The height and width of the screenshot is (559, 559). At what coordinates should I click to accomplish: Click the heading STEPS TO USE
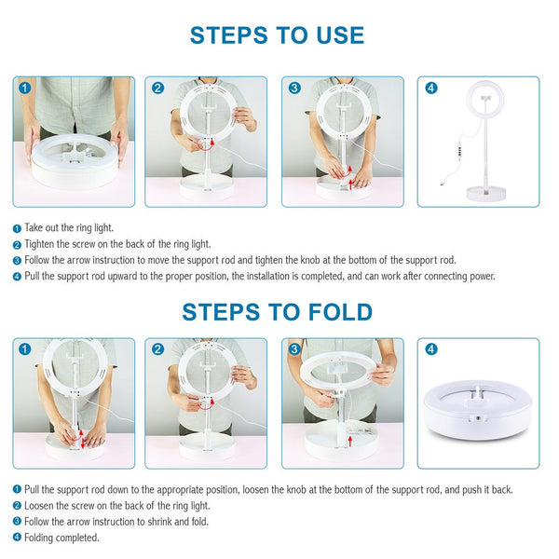278,36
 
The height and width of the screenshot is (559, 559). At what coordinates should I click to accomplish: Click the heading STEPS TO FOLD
278,311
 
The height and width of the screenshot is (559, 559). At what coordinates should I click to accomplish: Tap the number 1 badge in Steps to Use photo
25,89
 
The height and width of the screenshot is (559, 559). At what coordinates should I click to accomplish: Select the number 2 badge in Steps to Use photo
158,89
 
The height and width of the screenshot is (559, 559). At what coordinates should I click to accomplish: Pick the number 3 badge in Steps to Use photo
294,89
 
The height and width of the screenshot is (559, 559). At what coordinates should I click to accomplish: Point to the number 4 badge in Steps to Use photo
430,89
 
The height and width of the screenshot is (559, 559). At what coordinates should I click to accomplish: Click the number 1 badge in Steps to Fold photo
25,349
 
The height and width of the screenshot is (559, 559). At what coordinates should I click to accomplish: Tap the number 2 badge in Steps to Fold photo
158,349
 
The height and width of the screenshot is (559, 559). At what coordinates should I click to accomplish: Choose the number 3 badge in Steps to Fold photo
294,349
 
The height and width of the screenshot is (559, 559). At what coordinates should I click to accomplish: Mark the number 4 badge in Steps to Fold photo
430,349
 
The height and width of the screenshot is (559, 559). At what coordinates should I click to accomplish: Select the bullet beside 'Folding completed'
17,538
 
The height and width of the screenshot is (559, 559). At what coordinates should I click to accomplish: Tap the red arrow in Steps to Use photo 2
210,143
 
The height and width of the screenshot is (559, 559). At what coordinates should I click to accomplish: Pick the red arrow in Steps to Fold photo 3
350,435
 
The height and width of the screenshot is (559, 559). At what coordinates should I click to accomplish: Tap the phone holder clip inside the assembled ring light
484,96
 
